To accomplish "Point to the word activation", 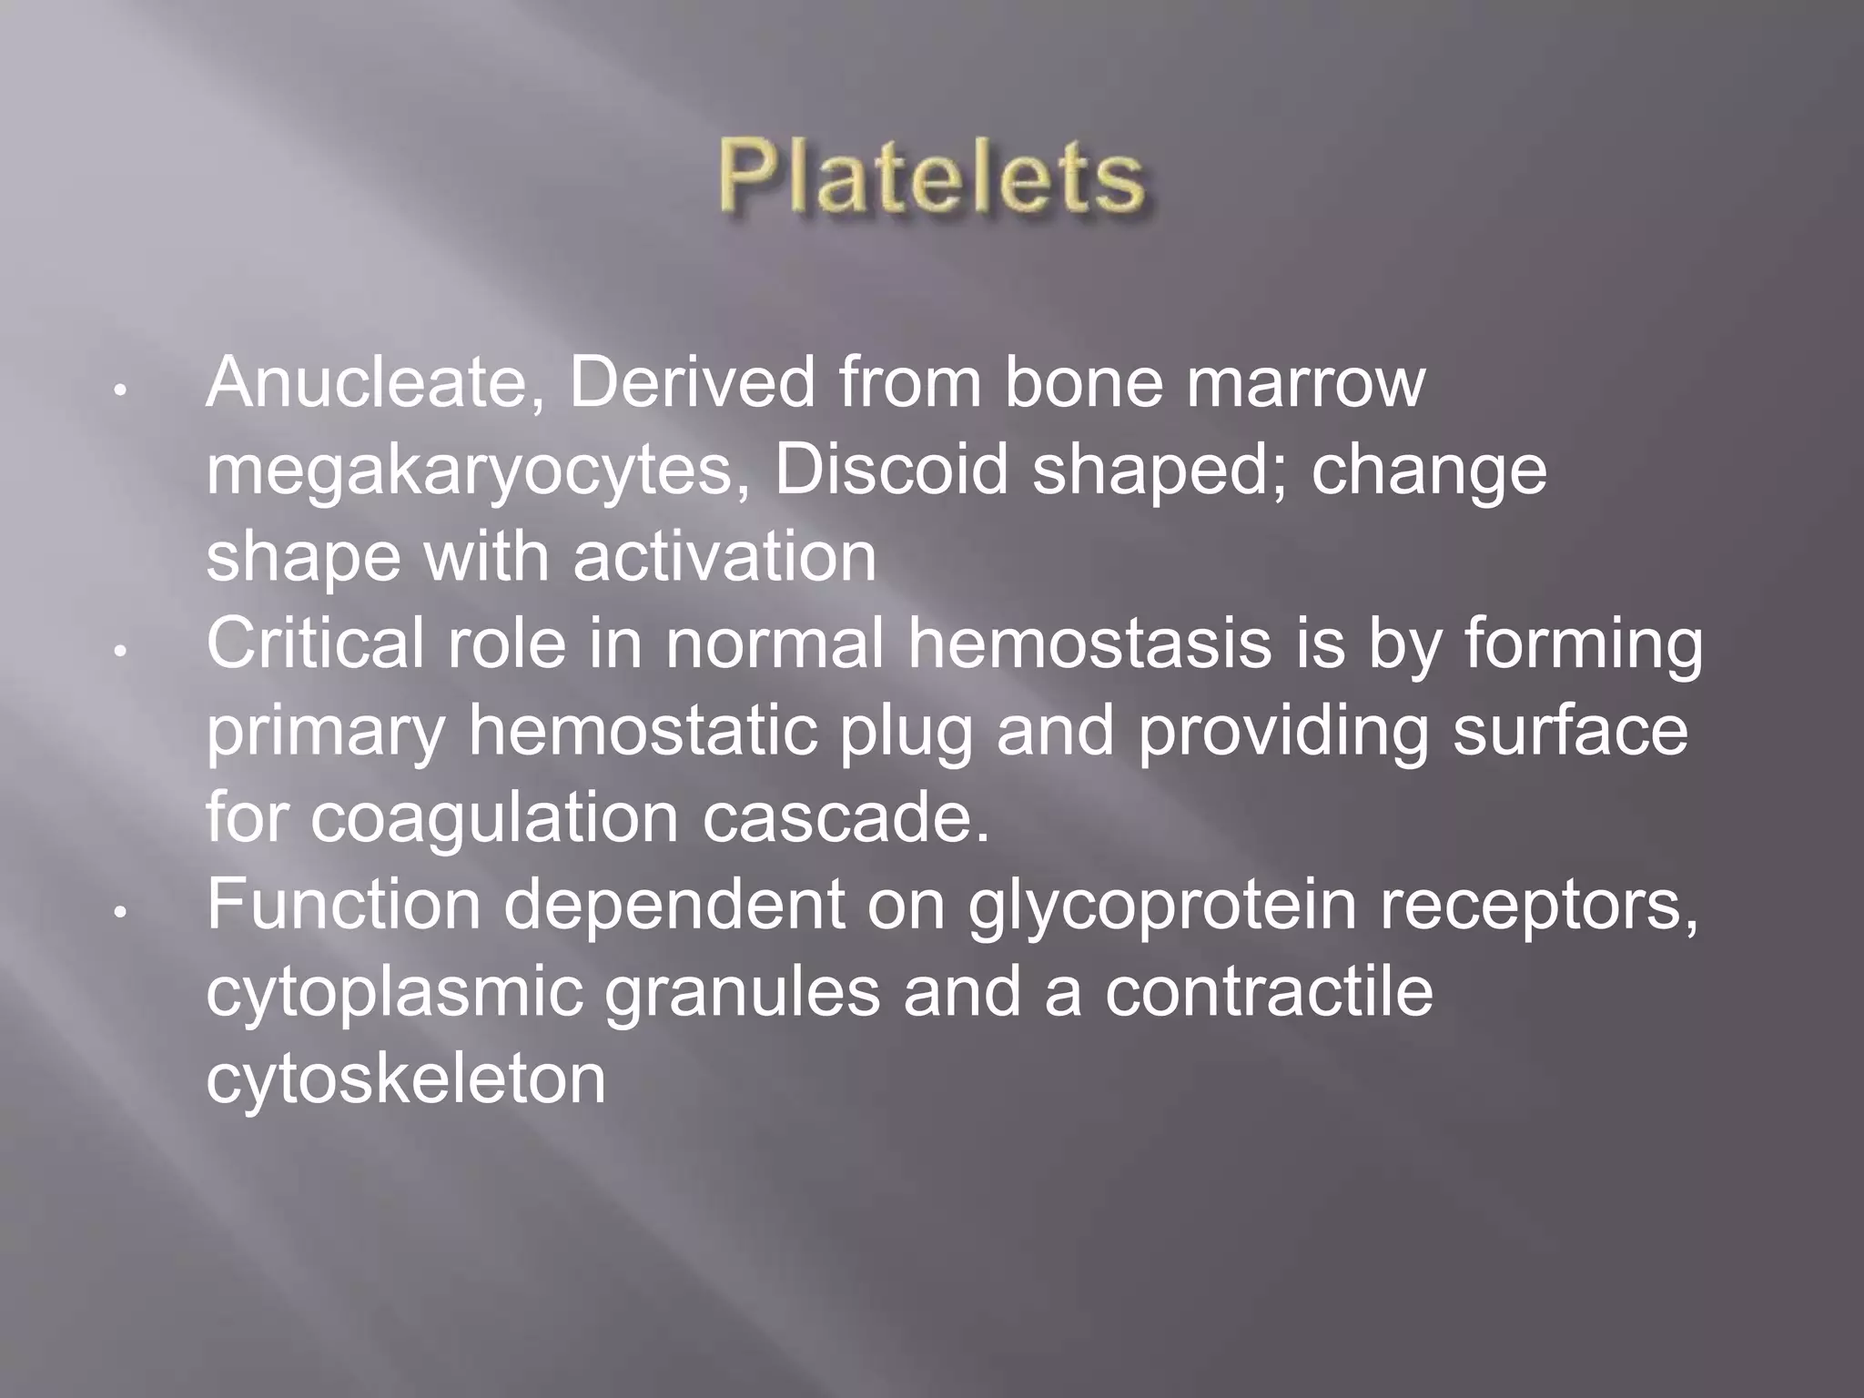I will coord(724,557).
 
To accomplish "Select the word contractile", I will coord(1269,991).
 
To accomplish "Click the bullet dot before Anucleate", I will coord(119,390).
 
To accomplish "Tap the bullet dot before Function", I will coord(119,911).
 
